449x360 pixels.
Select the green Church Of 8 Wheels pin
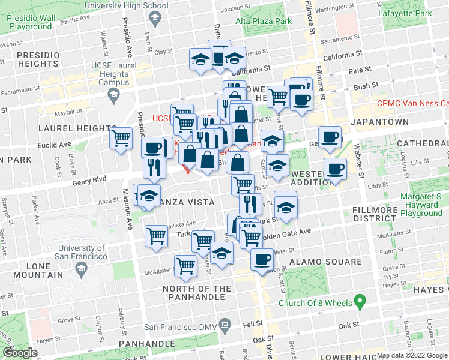[360, 301]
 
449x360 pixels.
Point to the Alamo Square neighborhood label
[325, 262]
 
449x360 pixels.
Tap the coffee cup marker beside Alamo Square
[261, 259]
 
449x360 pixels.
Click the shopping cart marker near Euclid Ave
[121, 139]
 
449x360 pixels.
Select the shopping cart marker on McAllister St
[185, 265]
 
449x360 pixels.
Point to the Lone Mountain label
[28, 271]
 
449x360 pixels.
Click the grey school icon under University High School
[155, 20]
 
